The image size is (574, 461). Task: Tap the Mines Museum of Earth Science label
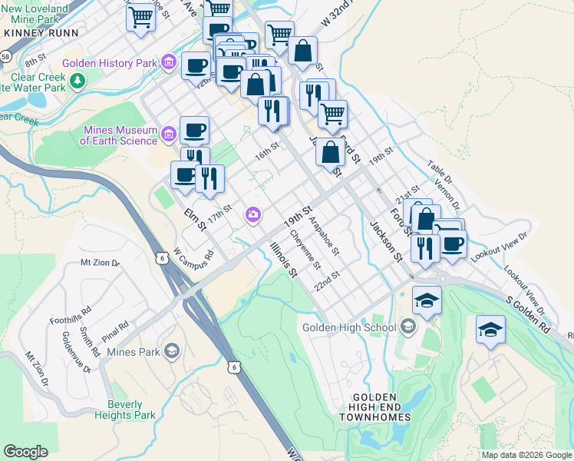tap(118, 135)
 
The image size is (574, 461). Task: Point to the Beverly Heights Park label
tap(124, 410)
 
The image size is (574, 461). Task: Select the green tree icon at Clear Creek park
tap(76, 81)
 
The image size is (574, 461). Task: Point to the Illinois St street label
tap(282, 259)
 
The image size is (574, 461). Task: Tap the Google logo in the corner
tap(26, 452)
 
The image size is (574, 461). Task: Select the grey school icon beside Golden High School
tap(407, 328)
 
